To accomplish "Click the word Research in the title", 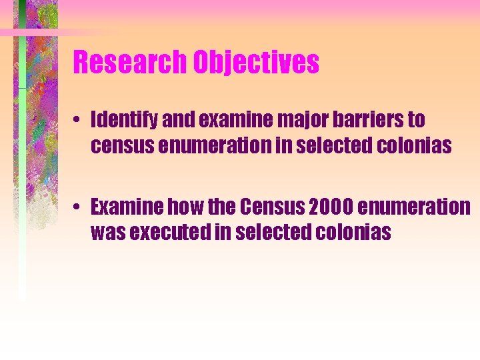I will pyautogui.click(x=130, y=63).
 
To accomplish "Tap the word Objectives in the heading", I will pyautogui.click(x=256, y=63).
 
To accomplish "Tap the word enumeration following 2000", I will pyautogui.click(x=413, y=207).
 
